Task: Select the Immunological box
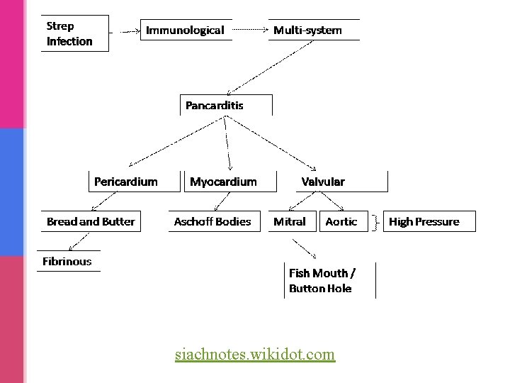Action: tap(186, 30)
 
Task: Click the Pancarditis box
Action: tap(225, 105)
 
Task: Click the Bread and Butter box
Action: tap(90, 221)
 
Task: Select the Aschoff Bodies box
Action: tap(212, 221)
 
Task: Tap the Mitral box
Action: tap(289, 221)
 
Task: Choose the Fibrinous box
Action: tap(68, 261)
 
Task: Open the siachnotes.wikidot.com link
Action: tap(255, 353)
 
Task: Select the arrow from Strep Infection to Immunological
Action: tap(127, 31)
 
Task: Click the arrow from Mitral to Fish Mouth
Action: tap(305, 248)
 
